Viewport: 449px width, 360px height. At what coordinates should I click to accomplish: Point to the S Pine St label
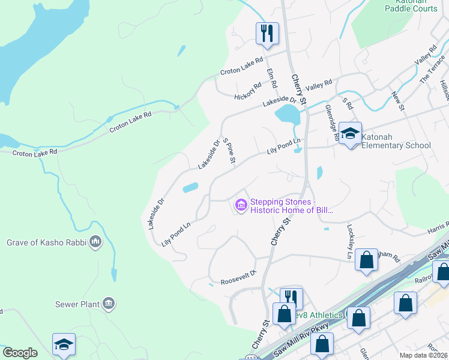point(229,151)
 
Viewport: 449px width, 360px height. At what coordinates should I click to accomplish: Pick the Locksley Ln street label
point(351,242)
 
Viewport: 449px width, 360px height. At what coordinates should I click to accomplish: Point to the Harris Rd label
point(439,228)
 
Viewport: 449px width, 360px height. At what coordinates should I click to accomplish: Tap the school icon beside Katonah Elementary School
point(350,133)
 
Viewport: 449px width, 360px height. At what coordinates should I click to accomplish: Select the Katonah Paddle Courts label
point(411,5)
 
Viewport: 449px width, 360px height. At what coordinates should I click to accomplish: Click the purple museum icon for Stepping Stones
point(241,206)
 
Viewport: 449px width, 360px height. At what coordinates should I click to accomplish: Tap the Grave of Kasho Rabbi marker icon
point(95,242)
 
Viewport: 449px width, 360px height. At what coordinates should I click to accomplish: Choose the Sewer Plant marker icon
point(108,304)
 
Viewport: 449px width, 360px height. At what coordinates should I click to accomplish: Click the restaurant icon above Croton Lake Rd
point(267,33)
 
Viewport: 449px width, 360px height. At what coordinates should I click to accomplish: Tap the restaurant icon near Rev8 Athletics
point(291,297)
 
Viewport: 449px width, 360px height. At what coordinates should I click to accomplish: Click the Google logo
point(20,353)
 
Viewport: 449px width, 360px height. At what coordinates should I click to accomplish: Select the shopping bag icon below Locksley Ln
point(366,260)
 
